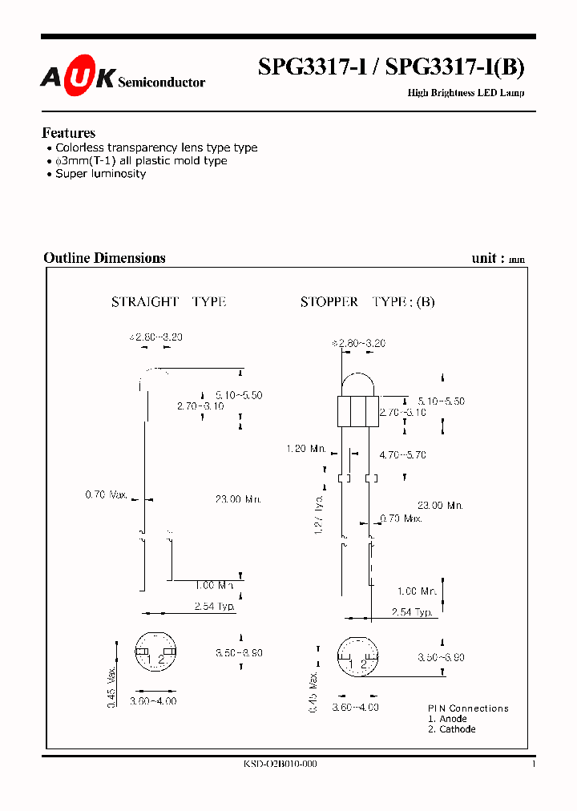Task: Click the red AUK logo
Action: click(x=78, y=77)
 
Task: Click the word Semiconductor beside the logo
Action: click(x=161, y=82)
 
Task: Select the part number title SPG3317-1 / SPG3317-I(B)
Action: click(x=391, y=68)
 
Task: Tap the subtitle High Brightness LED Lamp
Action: click(x=466, y=93)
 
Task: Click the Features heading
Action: click(x=68, y=133)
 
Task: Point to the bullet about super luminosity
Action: click(x=100, y=173)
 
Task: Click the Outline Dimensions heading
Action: click(x=104, y=258)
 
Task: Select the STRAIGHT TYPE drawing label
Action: click(x=168, y=302)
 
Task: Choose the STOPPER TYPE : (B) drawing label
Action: click(x=367, y=302)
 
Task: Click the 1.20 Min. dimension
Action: click(x=305, y=449)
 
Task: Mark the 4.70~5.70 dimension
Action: click(x=402, y=454)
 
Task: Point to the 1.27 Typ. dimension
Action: click(x=319, y=514)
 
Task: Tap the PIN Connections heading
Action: click(x=468, y=708)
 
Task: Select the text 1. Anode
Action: click(x=447, y=719)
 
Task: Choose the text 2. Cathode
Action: click(x=451, y=729)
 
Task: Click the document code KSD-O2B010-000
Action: click(x=280, y=765)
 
